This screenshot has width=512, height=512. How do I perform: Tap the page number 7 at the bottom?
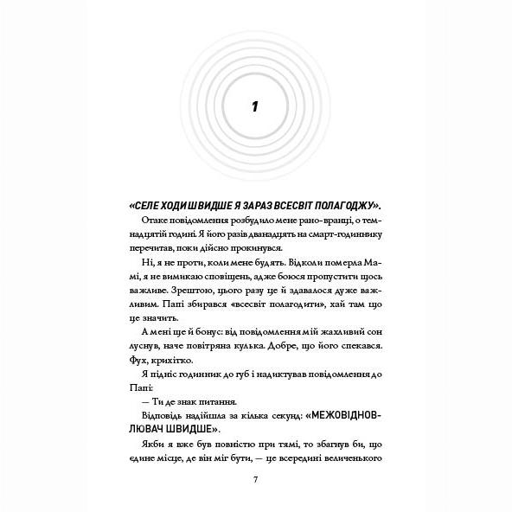tap(256, 480)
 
